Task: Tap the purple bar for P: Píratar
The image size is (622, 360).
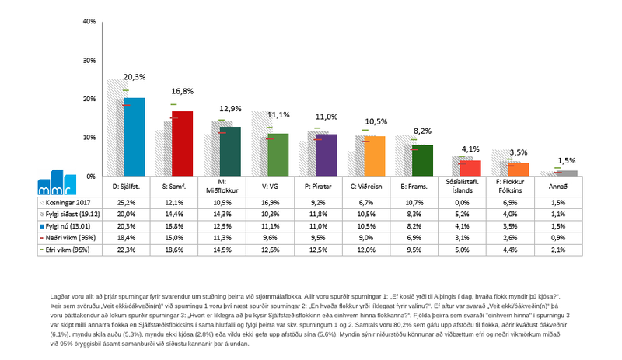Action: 327,156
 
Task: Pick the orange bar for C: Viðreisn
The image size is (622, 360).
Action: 375,156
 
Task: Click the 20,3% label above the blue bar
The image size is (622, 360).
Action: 135,77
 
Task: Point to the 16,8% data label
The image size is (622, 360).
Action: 182,90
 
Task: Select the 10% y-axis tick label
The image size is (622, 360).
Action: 89,138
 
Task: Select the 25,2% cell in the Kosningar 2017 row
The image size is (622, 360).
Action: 128,202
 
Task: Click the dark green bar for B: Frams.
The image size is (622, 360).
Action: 422,160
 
